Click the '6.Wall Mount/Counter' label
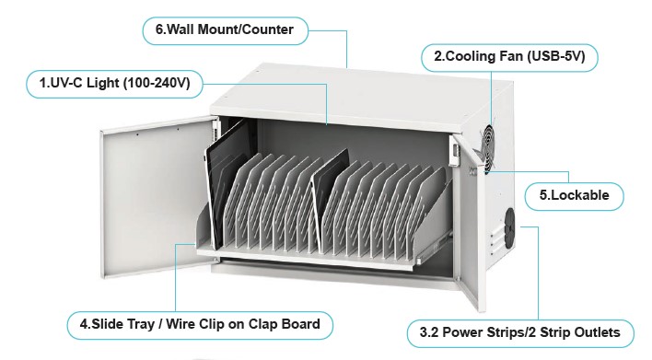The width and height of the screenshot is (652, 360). point(224,29)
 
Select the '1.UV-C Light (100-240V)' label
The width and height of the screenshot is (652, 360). point(114,84)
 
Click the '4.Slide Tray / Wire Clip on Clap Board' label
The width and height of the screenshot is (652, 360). point(200,324)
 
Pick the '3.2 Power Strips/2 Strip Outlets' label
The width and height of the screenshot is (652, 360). point(520,331)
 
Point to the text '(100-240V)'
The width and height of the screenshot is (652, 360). point(157,84)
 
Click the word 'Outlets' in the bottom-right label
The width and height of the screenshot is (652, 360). point(595,331)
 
